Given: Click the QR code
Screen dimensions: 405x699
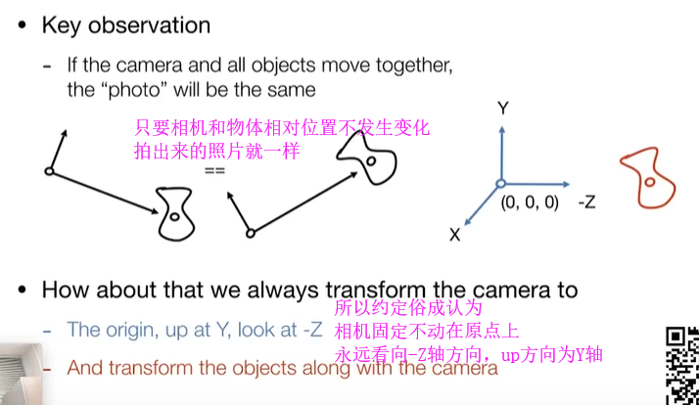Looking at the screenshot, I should click(681, 361).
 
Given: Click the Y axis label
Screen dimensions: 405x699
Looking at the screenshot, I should click(502, 109).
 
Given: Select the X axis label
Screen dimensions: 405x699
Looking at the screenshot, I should click(455, 235).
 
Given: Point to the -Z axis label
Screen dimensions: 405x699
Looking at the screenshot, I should click(587, 202).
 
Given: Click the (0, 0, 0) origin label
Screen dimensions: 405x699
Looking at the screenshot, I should click(529, 203).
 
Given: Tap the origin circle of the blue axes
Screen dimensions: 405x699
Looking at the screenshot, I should click(500, 183).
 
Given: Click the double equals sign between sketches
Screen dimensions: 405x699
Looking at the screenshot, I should click(214, 170).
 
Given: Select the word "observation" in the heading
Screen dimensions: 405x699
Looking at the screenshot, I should click(151, 25).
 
